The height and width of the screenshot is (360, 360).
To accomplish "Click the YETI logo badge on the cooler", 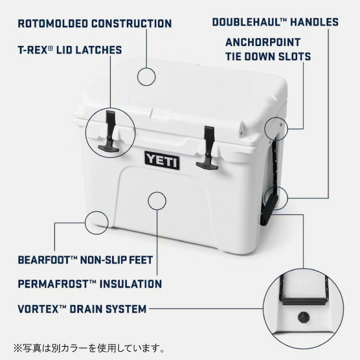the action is point(162,160).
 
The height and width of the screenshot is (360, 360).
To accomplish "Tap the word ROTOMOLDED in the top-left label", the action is point(53,24).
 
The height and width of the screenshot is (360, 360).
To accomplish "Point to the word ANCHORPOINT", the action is point(263,42).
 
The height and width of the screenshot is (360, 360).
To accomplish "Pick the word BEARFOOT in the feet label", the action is point(44,260).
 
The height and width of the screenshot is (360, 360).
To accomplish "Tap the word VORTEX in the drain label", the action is point(38,309).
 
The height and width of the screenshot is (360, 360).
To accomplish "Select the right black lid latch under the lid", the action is point(208,148).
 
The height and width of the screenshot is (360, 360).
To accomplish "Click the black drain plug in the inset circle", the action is point(304,317).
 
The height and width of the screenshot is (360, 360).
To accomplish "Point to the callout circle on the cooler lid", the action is point(146,76).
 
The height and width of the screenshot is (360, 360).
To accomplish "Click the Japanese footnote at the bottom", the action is point(89,348).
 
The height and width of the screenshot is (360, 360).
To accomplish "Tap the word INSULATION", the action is point(131,284).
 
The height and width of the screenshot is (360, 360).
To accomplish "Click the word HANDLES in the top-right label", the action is point(315,22).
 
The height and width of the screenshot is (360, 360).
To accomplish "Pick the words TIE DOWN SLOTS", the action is point(268,56).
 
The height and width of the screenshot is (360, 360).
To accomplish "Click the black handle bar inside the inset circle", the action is point(304,301).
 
